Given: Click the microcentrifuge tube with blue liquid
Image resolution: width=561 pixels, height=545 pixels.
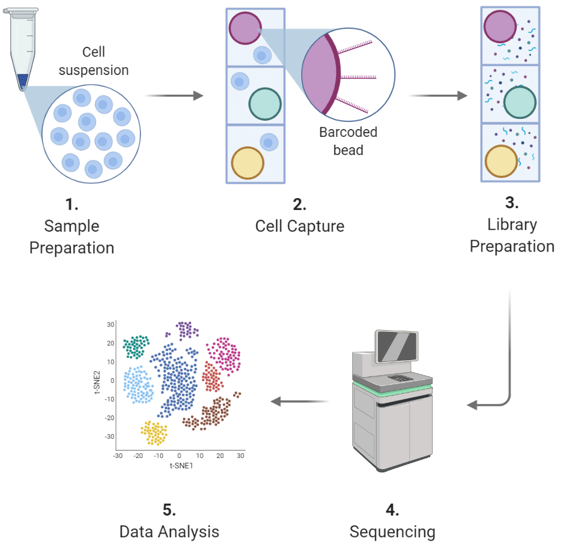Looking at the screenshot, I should [x=22, y=48].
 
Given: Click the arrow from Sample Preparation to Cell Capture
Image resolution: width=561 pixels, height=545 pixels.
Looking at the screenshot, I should [x=175, y=95].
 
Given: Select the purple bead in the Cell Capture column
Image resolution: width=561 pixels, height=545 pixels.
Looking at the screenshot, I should [x=244, y=29].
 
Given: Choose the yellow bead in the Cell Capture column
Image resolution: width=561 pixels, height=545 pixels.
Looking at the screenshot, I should [x=248, y=162].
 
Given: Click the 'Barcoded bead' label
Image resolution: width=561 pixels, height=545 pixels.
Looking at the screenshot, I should [x=348, y=140].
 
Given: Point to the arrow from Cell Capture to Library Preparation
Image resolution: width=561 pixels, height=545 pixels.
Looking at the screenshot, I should [x=437, y=95].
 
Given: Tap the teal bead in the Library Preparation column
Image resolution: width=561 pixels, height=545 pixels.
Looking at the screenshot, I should [x=520, y=102].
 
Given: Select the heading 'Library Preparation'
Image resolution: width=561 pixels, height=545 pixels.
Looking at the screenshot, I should [x=512, y=235].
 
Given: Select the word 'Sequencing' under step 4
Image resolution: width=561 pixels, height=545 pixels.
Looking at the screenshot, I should [x=392, y=531].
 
